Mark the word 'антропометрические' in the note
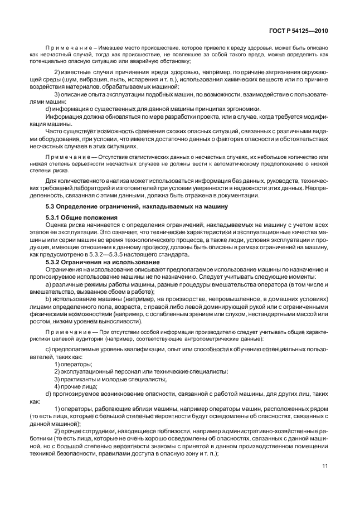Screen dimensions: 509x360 [202, 338]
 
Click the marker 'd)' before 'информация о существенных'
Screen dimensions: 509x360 [48, 108]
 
